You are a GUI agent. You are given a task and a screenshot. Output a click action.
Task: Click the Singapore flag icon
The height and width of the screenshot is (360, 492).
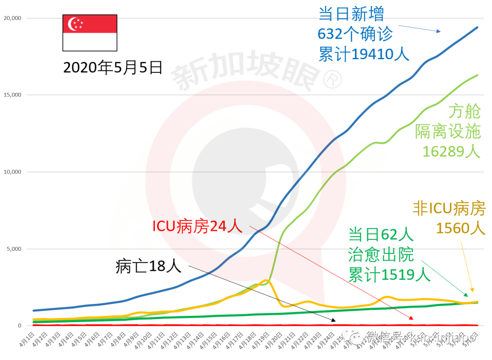coord(90,32)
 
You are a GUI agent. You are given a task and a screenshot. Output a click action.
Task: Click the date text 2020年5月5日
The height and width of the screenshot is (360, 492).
coord(113,67)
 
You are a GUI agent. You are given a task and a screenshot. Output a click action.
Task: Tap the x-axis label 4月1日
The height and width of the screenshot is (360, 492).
coord(27,340)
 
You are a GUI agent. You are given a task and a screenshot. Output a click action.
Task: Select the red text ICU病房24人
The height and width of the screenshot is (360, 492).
coord(197,226)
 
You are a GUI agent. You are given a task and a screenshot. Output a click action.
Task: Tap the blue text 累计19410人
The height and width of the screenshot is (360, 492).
coord(364,55)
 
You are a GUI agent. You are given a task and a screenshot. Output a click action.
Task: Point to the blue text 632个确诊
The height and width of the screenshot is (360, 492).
coord(355,34)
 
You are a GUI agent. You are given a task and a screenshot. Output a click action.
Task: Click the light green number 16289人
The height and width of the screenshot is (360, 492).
coord(451,151)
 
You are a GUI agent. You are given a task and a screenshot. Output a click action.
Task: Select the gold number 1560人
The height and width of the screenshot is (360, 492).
coord(461,228)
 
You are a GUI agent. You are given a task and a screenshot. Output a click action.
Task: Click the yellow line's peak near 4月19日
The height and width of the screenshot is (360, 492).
coord(266,281)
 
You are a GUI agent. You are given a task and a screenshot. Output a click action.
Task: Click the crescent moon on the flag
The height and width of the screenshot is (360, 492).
coord(73,24)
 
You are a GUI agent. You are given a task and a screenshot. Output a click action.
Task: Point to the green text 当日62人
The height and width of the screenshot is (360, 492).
coord(381,235)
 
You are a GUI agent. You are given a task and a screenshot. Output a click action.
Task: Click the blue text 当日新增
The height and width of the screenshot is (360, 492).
coord(351,14)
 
